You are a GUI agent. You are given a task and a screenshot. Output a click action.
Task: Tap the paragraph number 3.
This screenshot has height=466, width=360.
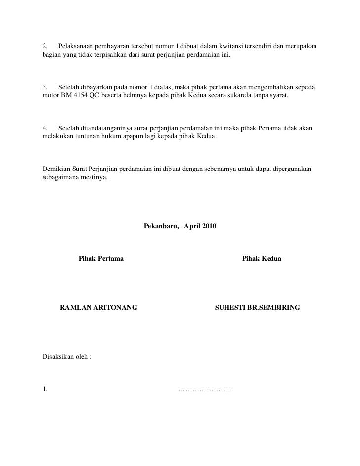[x=45, y=87]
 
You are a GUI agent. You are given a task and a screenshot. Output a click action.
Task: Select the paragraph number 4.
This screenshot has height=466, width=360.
[x=45, y=128]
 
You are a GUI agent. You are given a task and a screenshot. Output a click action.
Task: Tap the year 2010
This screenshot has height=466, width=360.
[x=208, y=226]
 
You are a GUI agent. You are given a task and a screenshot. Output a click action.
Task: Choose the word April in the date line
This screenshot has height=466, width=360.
[x=192, y=226]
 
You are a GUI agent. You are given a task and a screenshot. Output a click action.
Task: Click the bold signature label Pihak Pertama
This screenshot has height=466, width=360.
[x=101, y=258]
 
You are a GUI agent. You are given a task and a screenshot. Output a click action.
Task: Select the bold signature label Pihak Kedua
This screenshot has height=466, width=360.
[x=262, y=258]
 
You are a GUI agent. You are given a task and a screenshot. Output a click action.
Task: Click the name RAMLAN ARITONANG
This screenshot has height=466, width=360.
[x=98, y=307]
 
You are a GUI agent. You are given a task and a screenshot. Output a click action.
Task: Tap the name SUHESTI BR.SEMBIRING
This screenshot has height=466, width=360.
[x=257, y=307]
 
